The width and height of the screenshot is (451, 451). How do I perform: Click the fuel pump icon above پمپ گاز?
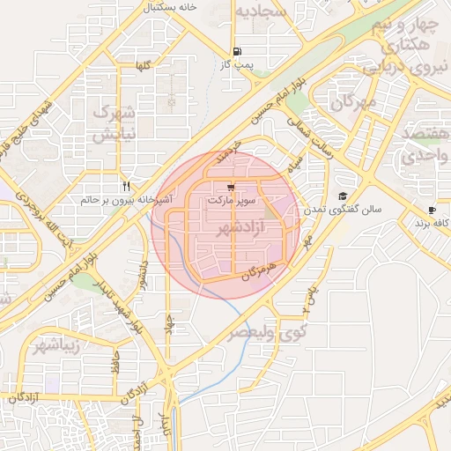click(x=236, y=52)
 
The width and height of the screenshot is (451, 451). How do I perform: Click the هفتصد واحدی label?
click(x=425, y=144)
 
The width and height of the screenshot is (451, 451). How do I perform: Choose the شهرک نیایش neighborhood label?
click(x=112, y=124)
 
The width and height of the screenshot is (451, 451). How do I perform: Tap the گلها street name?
click(x=142, y=67)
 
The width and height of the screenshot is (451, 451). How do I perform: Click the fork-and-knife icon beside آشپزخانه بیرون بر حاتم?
click(x=128, y=187)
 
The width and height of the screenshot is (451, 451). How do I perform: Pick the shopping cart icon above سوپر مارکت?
click(x=231, y=188)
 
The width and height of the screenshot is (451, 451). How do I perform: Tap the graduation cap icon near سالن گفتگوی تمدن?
click(x=343, y=196)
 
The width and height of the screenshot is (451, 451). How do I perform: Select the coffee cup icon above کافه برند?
click(x=432, y=210)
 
